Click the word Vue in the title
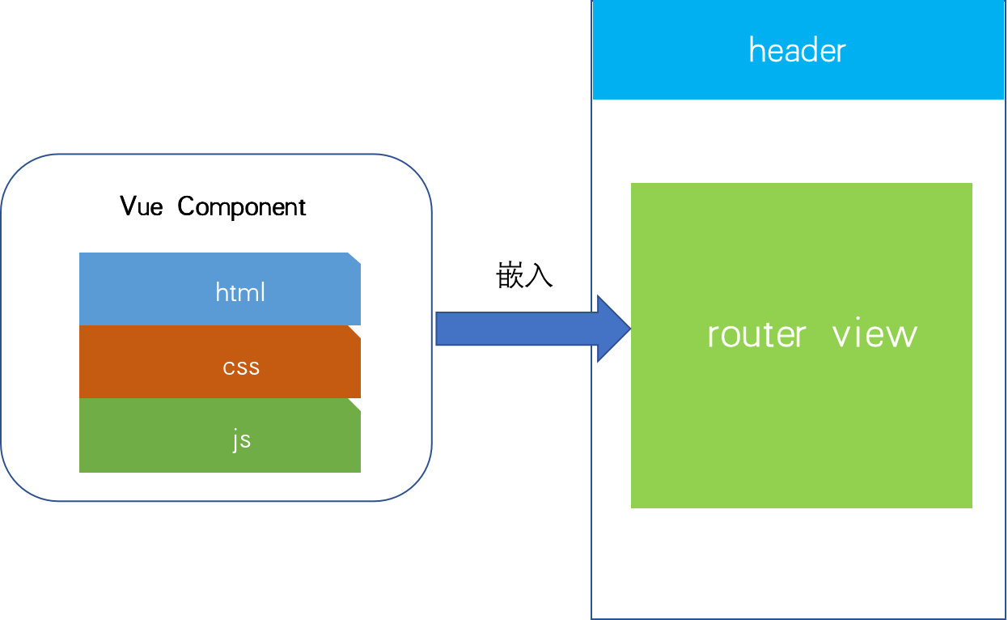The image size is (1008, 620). point(142,206)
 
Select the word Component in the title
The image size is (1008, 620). point(242,207)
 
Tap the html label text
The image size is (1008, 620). point(240,291)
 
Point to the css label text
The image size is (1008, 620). point(241,367)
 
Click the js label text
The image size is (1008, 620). point(241,440)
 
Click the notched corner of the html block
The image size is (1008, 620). point(354,258)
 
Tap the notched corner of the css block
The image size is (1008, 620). point(354,331)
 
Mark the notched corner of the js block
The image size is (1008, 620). point(354,404)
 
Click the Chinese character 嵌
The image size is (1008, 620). point(510,276)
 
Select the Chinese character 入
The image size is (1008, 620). point(539,276)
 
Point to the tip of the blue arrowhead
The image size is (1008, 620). point(629,329)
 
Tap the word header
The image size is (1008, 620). point(797,50)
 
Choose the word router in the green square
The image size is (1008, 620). point(756,333)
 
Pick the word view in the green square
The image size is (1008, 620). point(875,333)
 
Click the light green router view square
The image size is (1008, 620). point(801,421)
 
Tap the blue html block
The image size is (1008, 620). point(146,289)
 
